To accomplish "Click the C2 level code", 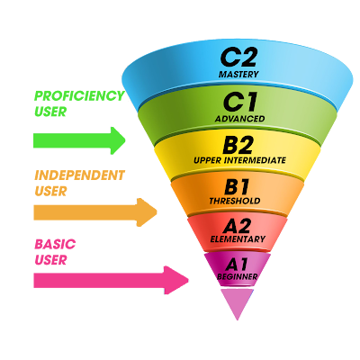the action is pyautogui.click(x=238, y=58).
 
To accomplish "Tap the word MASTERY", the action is pyautogui.click(x=238, y=74).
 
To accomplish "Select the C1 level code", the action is pyautogui.click(x=240, y=102).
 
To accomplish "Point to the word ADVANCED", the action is pyautogui.click(x=239, y=119).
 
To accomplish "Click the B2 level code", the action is pyautogui.click(x=238, y=145).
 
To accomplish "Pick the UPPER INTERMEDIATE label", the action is pyautogui.click(x=239, y=160).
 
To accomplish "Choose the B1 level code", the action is pyautogui.click(x=237, y=187).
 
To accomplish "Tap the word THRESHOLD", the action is pyautogui.click(x=235, y=201).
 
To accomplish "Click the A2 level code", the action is pyautogui.click(x=237, y=226).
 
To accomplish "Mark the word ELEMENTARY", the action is pyautogui.click(x=238, y=239).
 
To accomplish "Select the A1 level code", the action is pyautogui.click(x=237, y=265).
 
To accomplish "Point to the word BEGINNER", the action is pyautogui.click(x=238, y=276).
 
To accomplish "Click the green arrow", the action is pyautogui.click(x=79, y=140).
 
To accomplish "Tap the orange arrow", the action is pyautogui.click(x=95, y=212).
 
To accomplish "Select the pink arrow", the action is pyautogui.click(x=111, y=280).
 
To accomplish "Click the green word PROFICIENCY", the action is pyautogui.click(x=79, y=96).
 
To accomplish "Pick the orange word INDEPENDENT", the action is pyautogui.click(x=79, y=175).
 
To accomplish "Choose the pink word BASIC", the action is pyautogui.click(x=55, y=244).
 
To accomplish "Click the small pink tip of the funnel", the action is pyautogui.click(x=237, y=304).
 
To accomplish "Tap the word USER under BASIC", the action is pyautogui.click(x=50, y=260).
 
